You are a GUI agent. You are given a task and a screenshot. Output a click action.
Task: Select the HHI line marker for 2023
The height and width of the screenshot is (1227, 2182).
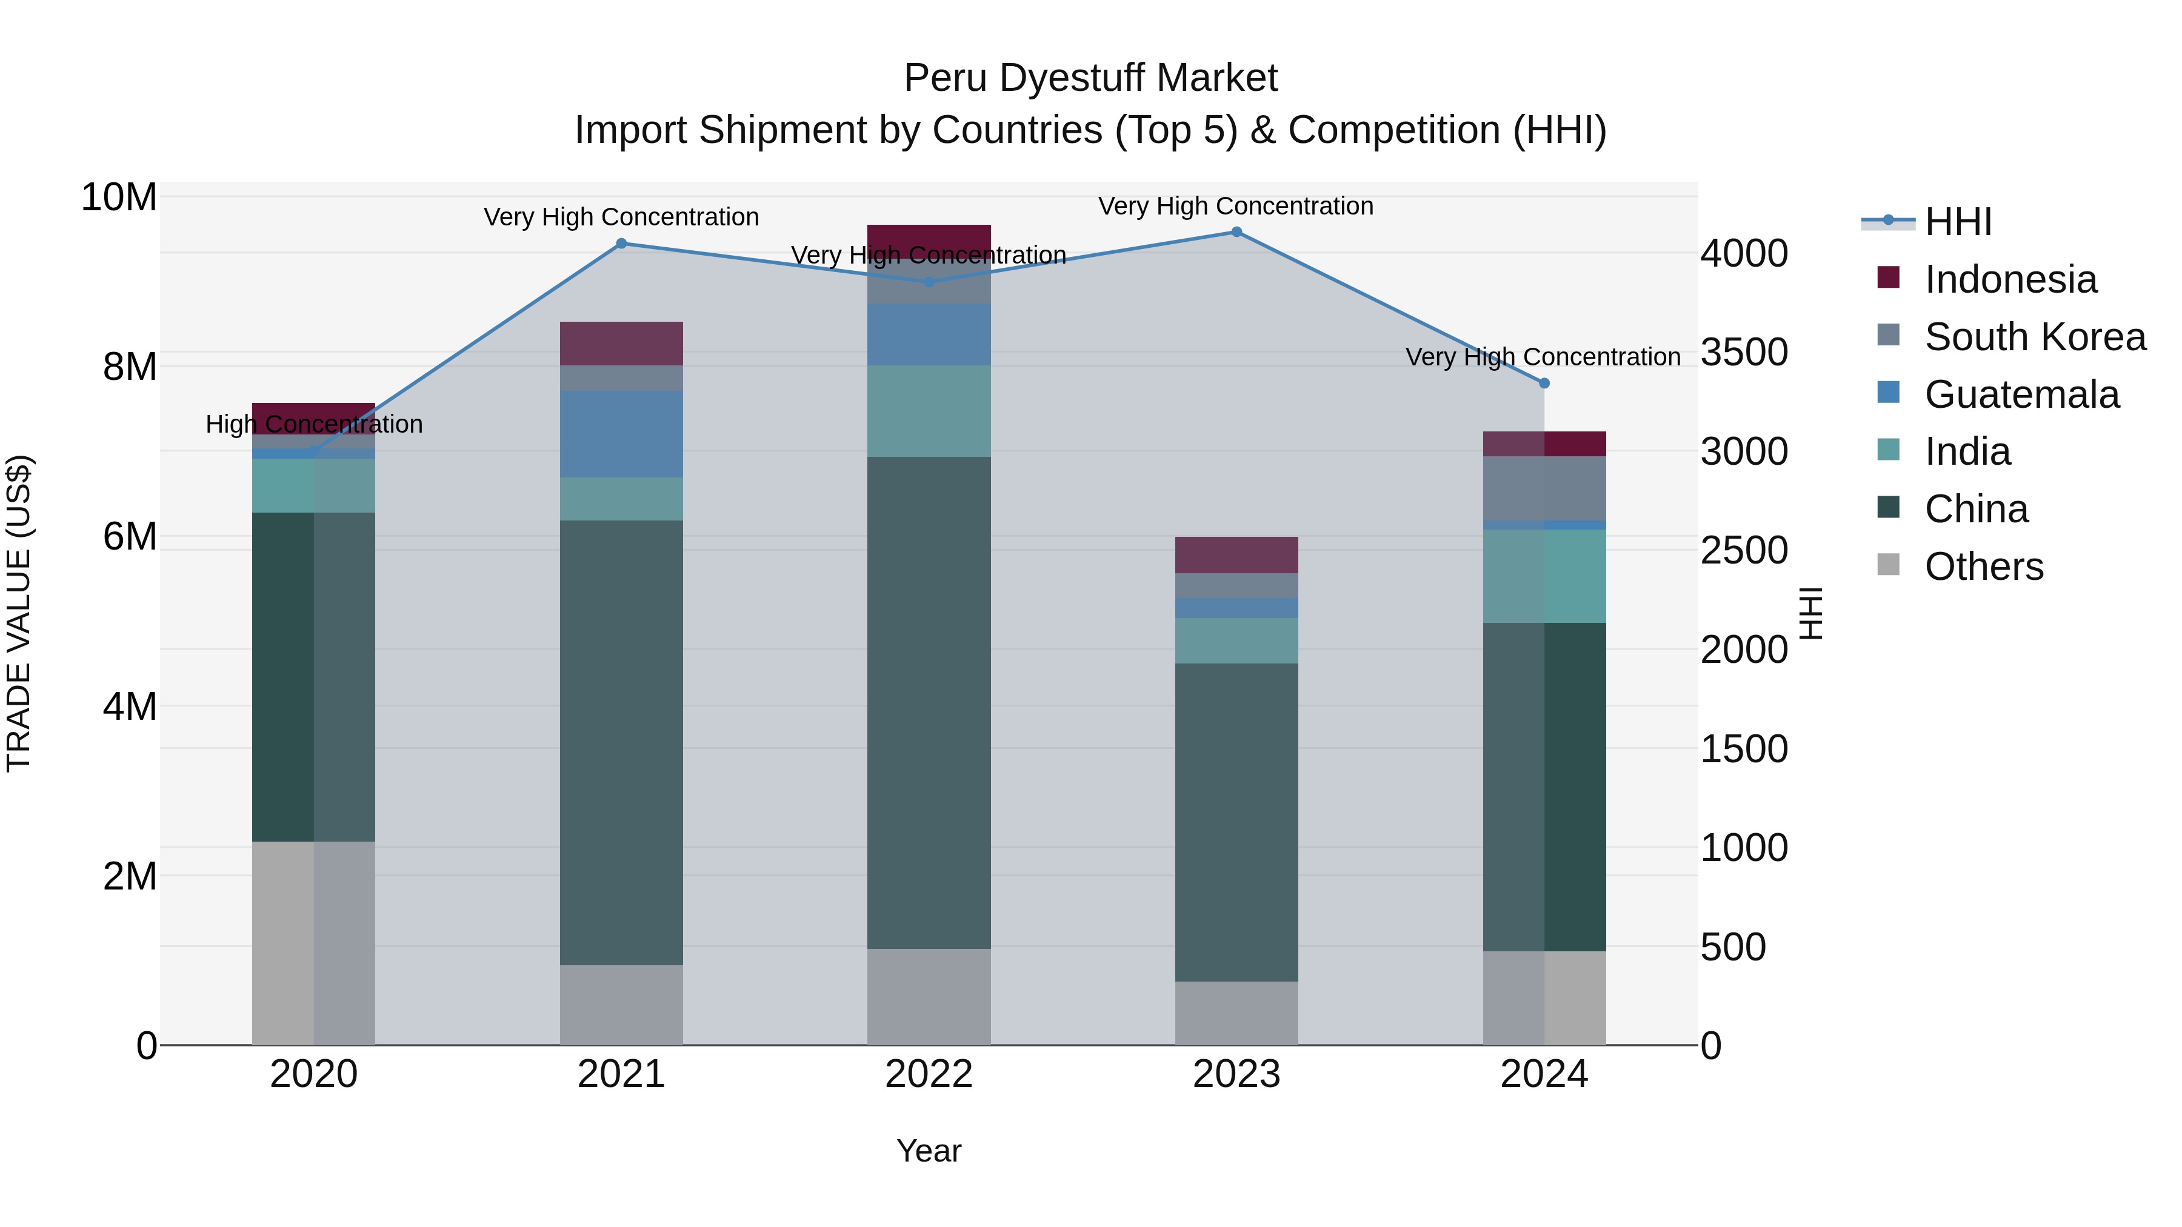coord(1236,232)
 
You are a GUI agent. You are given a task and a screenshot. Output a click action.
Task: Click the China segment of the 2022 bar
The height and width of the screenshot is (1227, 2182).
coord(929,703)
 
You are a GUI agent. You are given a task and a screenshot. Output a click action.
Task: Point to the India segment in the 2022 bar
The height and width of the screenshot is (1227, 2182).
coord(929,411)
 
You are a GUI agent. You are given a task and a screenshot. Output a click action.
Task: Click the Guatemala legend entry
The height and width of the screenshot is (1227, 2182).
coord(2021,394)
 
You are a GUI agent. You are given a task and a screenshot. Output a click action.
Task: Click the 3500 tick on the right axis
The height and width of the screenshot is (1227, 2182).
coord(1743,352)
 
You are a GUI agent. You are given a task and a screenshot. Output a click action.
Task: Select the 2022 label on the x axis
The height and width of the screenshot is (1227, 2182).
coord(929,1074)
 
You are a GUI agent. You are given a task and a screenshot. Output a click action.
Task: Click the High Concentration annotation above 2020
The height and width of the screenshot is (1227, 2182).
coord(314,424)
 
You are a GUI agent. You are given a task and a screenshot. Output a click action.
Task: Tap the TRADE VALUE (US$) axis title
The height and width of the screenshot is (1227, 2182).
coord(19,613)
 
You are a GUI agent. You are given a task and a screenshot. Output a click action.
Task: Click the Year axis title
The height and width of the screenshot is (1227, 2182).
coord(929,1151)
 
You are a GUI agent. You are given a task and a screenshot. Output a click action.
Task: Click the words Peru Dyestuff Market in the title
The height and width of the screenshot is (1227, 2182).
coord(1090,79)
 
